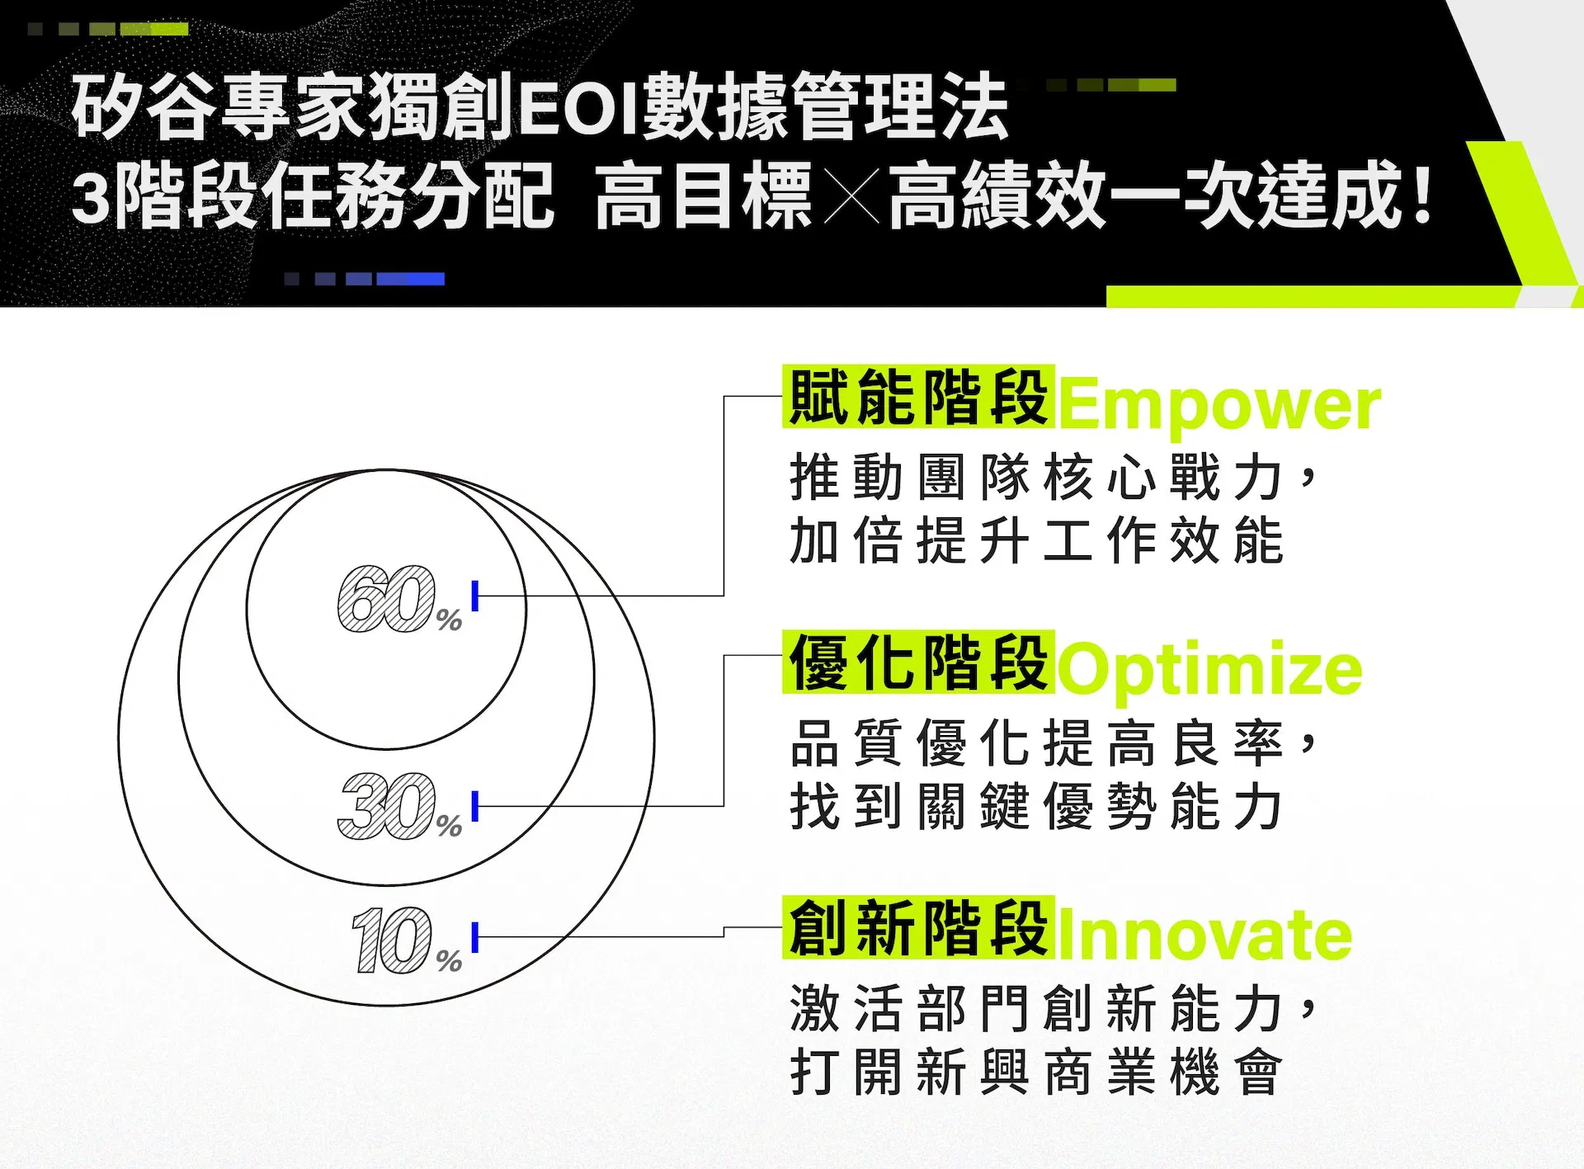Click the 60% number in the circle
(x=400, y=600)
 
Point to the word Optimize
(x=1209, y=671)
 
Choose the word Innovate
(x=1205, y=936)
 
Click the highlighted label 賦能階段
(x=919, y=397)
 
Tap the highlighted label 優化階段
(x=919, y=662)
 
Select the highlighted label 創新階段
(x=919, y=927)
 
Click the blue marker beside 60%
(x=475, y=596)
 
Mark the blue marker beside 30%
(x=475, y=806)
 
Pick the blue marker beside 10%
(x=475, y=937)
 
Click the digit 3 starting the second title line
(x=91, y=197)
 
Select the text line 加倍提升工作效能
(x=1036, y=541)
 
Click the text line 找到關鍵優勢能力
(x=1036, y=806)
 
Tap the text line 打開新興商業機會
(x=1036, y=1072)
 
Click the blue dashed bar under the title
(x=364, y=279)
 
